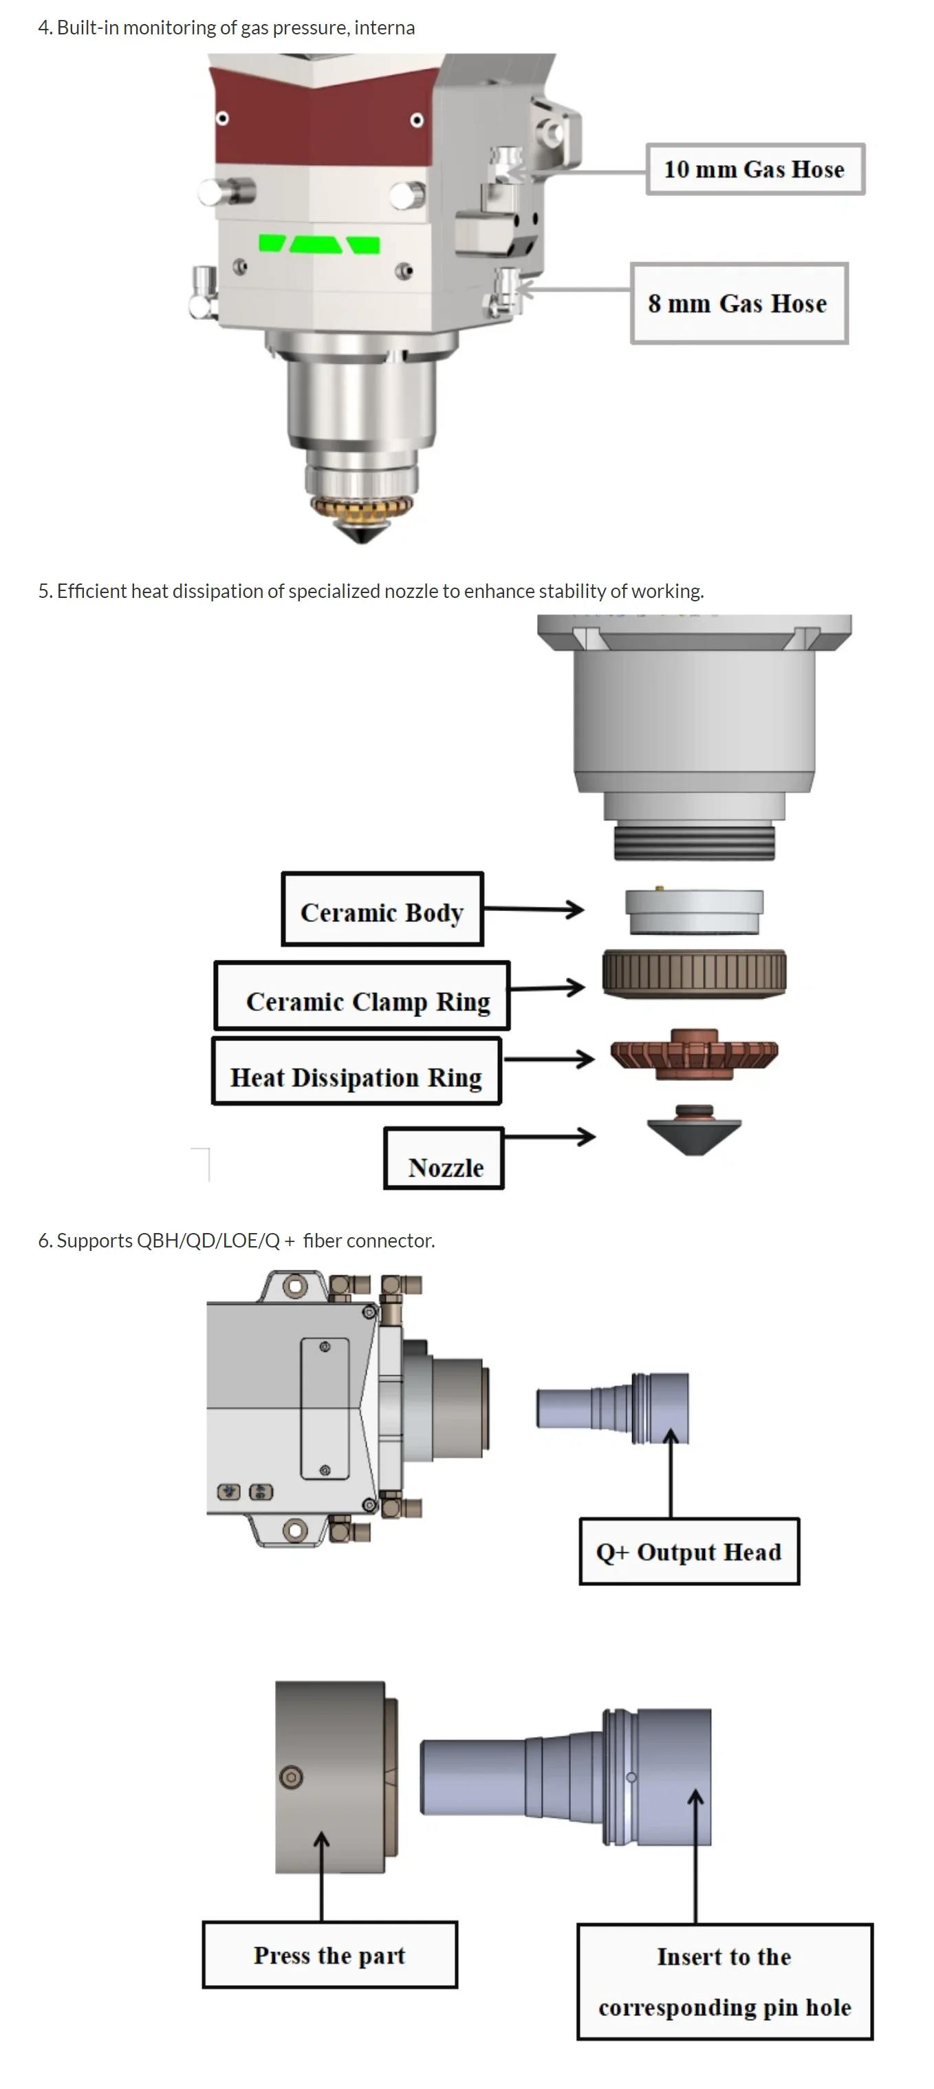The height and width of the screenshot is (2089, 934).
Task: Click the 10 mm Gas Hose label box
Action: pos(754,169)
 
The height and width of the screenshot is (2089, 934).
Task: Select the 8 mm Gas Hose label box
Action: pos(739,303)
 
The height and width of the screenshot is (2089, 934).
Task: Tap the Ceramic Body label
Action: pos(382,909)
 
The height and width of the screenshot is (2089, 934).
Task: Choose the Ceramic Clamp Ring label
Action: pos(362,996)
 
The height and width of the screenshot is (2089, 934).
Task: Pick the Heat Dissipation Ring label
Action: pos(357,1071)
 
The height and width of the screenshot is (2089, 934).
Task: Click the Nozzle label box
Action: pos(444,1159)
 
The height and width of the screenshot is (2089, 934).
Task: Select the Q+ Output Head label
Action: pos(689,1552)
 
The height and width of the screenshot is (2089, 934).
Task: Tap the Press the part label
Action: pos(330,1954)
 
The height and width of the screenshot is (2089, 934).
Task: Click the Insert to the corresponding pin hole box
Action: pos(725,1981)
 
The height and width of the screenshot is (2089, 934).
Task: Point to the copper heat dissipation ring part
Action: pos(694,1054)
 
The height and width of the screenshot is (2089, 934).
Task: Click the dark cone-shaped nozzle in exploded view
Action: pos(694,1130)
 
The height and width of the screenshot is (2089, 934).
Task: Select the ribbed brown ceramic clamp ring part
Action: pos(694,972)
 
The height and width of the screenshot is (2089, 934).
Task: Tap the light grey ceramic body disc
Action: pos(694,911)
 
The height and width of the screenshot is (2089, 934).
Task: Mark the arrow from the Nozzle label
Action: pos(550,1136)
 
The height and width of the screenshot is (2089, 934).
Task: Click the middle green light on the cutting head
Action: pos(316,244)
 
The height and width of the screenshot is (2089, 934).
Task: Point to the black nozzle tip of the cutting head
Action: pos(362,532)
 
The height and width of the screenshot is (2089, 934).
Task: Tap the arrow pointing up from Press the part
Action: pos(322,1876)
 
